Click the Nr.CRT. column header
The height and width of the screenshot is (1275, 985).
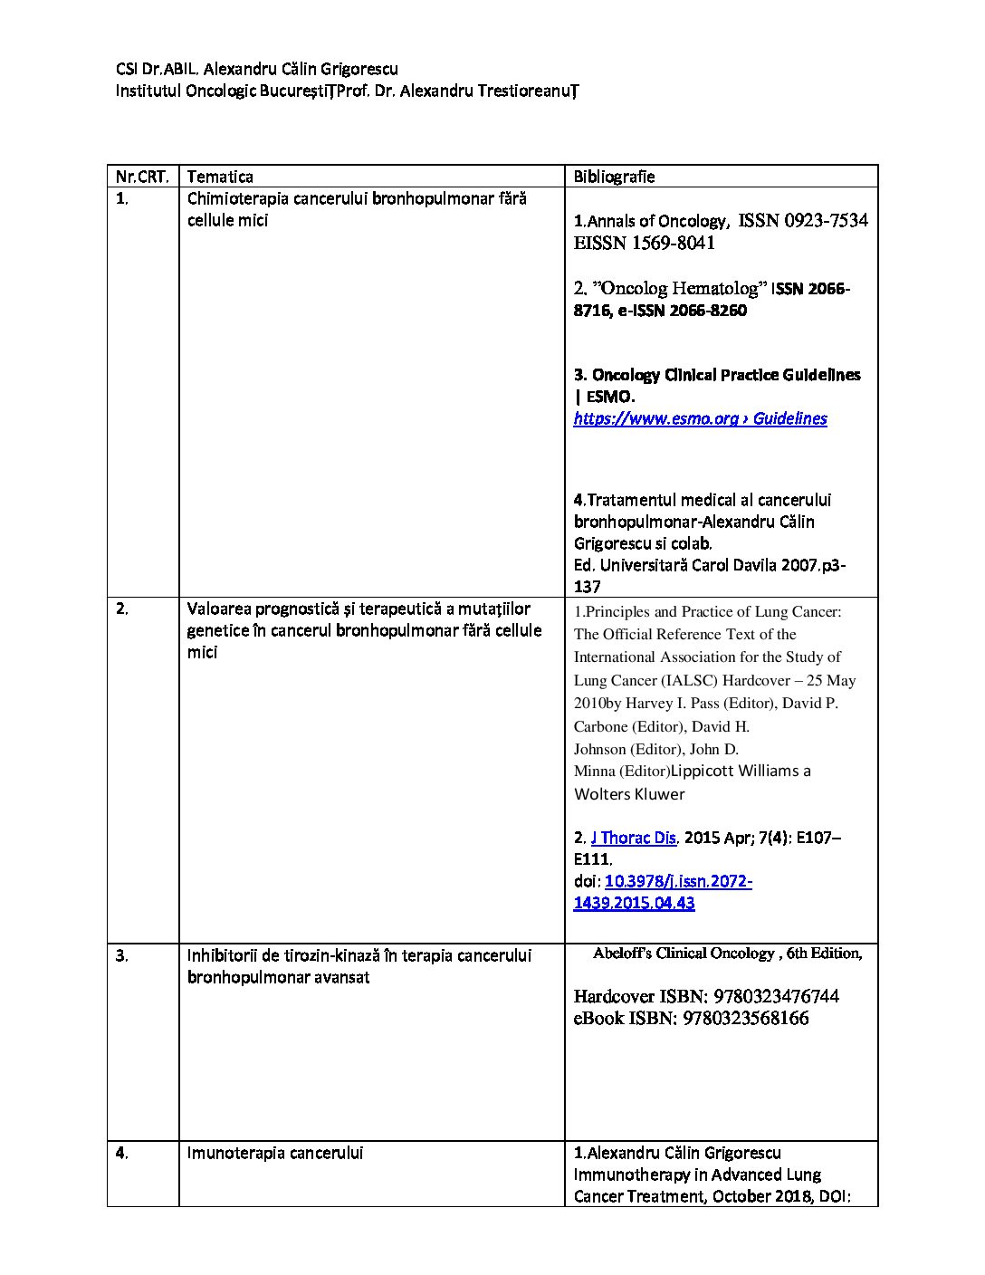pos(141,177)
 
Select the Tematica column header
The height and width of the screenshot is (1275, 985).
pos(220,177)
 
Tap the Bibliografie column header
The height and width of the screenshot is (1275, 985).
pos(614,177)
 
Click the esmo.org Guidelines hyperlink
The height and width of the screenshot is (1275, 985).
pos(700,418)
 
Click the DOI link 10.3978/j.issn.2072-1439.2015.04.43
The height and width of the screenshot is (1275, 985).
pos(663,892)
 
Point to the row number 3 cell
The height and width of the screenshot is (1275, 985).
pos(121,955)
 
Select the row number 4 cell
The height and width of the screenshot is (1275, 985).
pos(121,1153)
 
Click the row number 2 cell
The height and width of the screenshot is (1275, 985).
pos(121,609)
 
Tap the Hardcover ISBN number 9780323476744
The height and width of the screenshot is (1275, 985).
pos(776,996)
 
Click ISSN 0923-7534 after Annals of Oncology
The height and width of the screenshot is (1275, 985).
pos(803,220)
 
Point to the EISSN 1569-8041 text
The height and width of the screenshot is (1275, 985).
pos(644,243)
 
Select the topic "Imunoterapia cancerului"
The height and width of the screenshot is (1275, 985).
pos(274,1153)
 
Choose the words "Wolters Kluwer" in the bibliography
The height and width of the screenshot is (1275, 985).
pos(629,794)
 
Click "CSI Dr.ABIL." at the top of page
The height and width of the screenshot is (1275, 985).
pos(151,69)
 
